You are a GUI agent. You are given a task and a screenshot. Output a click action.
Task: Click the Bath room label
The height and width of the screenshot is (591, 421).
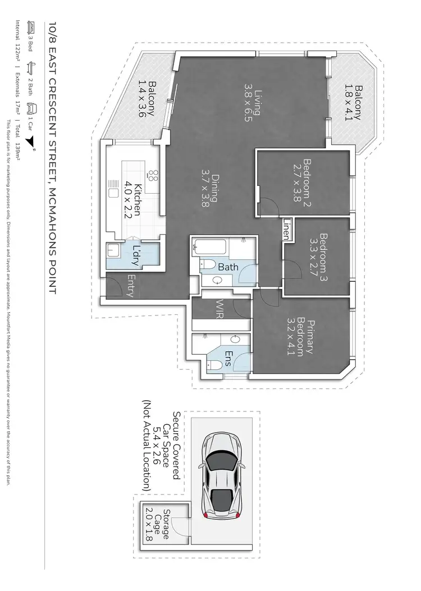[228, 267]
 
